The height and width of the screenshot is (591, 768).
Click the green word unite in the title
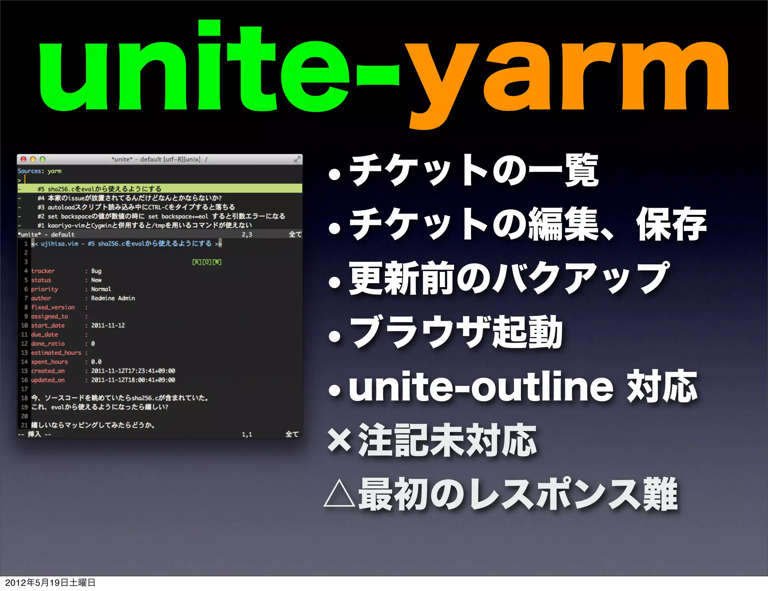pos(195,67)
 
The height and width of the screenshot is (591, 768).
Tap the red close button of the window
pos(23,159)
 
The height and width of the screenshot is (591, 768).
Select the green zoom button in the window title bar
pos(42,159)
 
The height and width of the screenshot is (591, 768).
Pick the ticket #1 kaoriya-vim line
pos(144,225)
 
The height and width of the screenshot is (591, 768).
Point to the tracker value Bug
pos(96,271)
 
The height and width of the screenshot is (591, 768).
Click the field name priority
pos(44,289)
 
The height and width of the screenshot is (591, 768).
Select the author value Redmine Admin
pos(113,298)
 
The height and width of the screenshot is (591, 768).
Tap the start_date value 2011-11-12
pos(108,325)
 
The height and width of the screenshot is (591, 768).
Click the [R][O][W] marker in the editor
pos(207,262)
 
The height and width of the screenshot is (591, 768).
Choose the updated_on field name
pos(48,380)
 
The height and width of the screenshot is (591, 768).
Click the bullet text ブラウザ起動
pos(456,333)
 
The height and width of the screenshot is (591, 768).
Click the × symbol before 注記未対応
pos(339,440)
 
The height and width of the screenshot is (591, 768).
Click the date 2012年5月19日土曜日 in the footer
pos(50,583)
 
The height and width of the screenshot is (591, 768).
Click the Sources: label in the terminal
pos(30,171)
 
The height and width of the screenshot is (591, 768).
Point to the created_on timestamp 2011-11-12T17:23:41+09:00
pos(133,371)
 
